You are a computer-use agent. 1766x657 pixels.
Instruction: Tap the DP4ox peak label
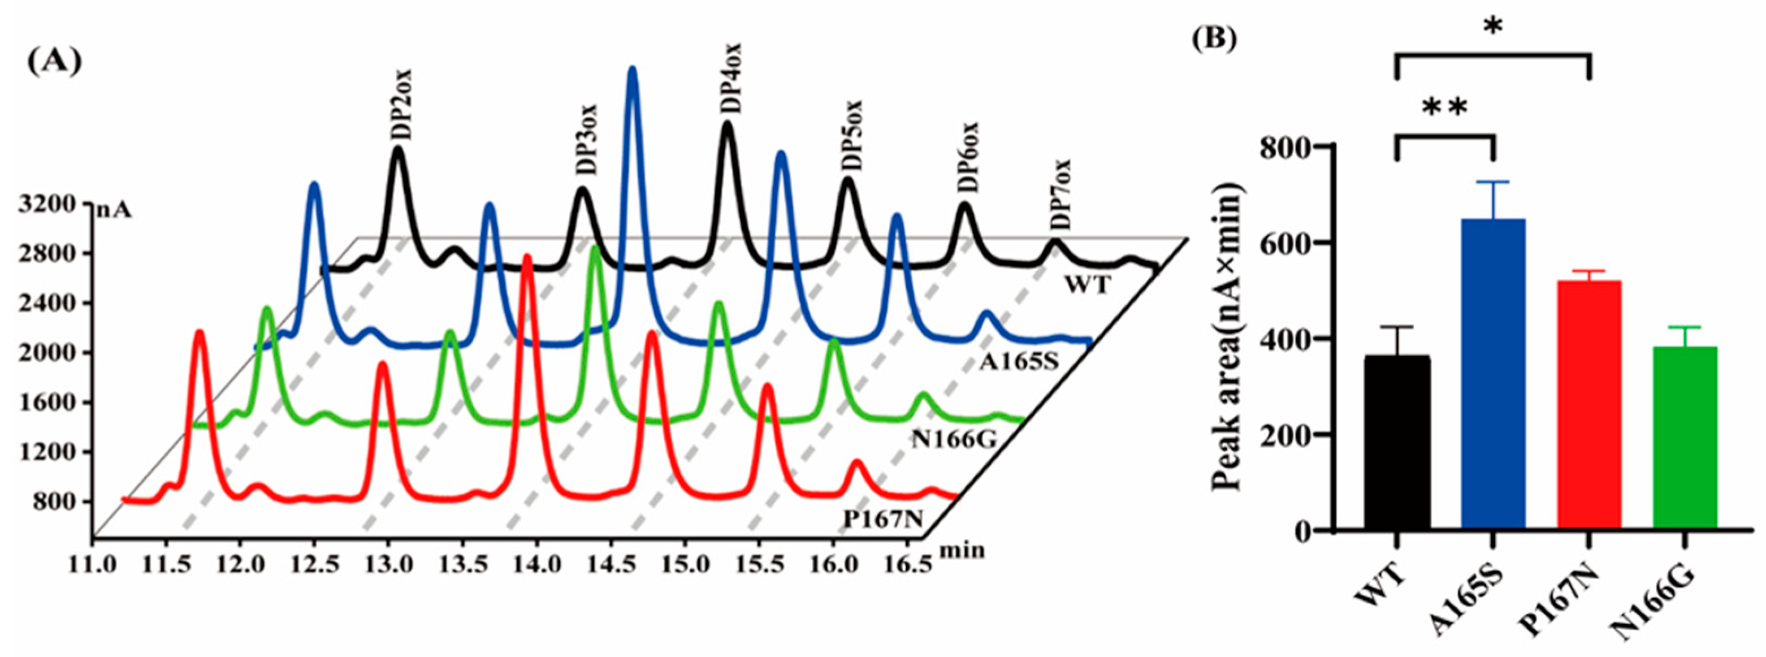coord(731,77)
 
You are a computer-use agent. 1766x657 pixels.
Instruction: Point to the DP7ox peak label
coord(1060,194)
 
